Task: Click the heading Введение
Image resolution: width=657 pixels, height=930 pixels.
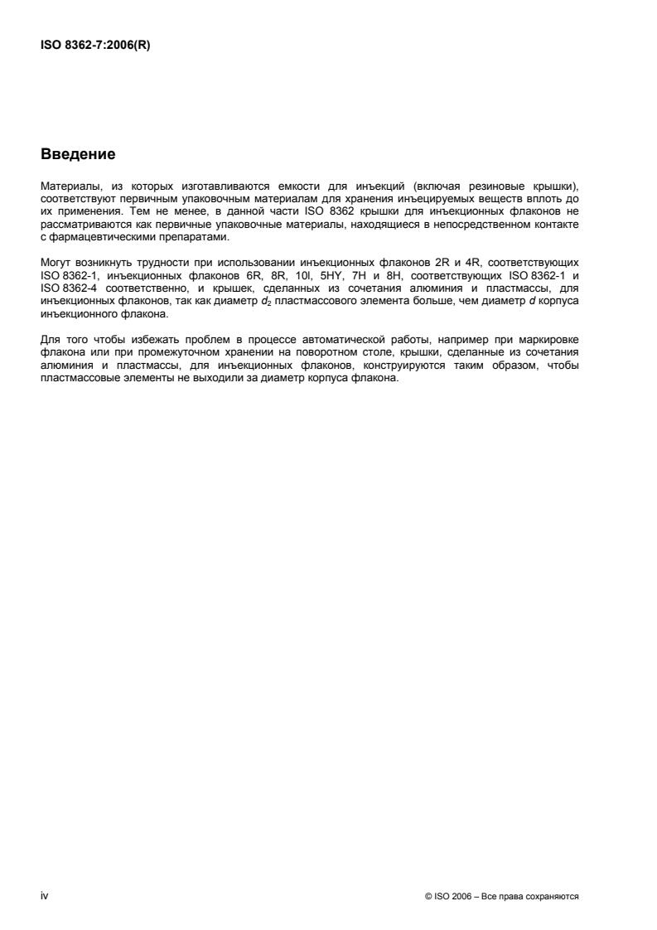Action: (x=77, y=155)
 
